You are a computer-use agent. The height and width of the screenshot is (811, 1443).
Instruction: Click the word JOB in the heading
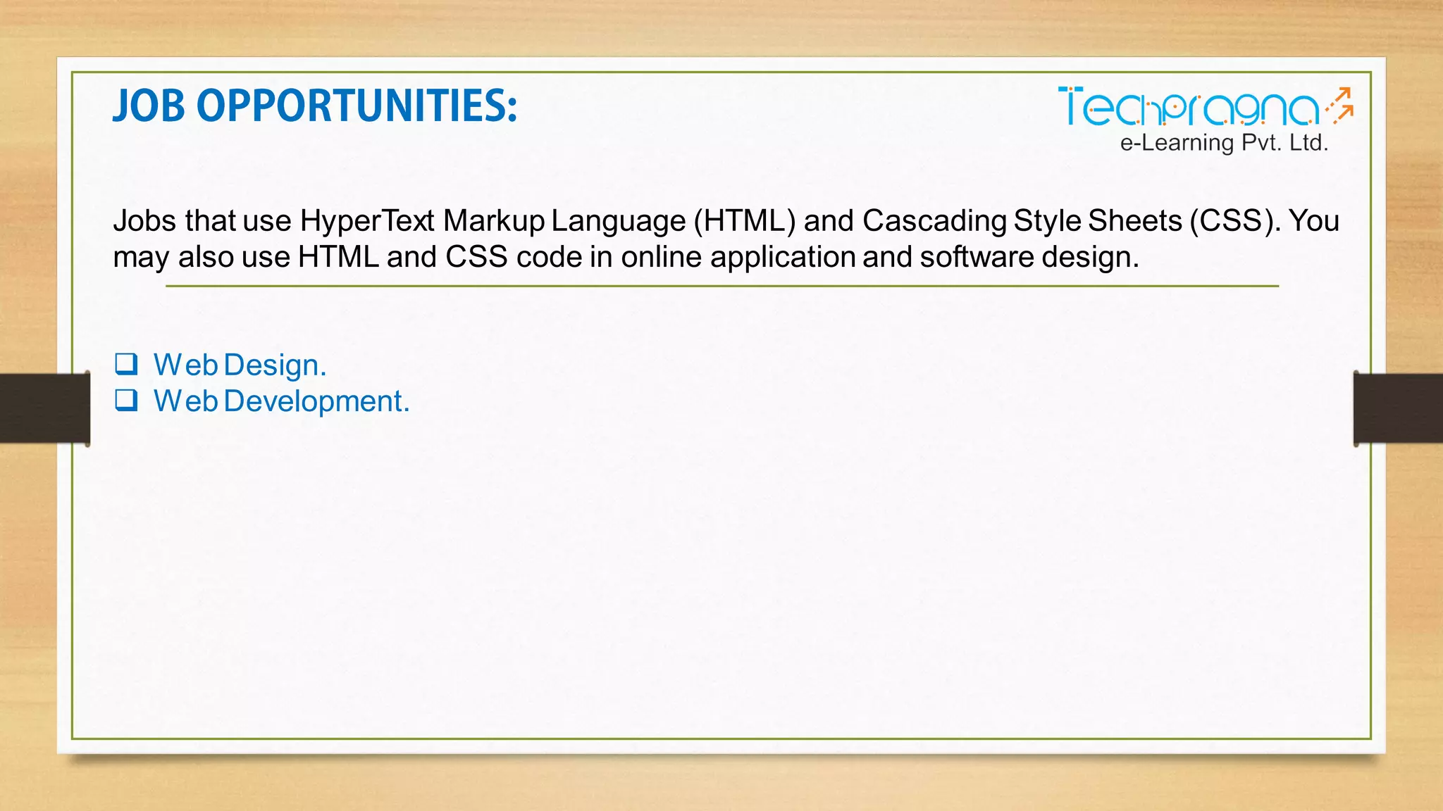tap(149, 106)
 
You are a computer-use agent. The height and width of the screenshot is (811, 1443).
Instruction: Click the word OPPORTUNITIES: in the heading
tap(357, 106)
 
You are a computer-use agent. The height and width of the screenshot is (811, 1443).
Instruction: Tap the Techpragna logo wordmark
tap(1188, 108)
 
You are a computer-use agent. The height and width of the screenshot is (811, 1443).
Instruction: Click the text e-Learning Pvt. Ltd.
tap(1224, 143)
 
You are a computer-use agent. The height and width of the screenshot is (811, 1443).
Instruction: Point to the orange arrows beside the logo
tap(1340, 106)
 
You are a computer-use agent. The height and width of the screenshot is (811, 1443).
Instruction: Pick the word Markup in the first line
tap(494, 221)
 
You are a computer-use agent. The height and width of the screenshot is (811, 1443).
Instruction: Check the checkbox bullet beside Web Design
tap(127, 364)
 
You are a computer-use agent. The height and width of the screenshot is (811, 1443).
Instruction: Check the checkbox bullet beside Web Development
tap(127, 400)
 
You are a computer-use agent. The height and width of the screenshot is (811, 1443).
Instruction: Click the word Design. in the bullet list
tap(275, 365)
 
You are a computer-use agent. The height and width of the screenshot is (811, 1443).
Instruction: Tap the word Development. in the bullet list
tap(316, 401)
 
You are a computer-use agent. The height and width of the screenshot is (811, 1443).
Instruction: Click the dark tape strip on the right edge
tap(1398, 408)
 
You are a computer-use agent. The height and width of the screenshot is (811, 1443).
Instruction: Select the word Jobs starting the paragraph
tap(144, 221)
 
